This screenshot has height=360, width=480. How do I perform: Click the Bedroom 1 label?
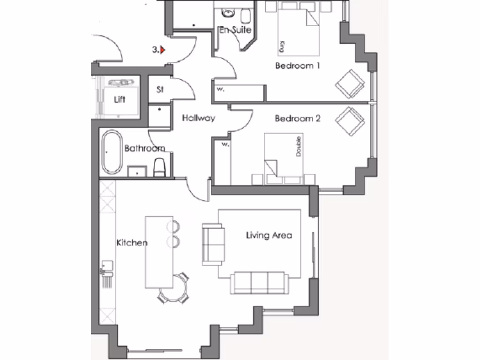297,66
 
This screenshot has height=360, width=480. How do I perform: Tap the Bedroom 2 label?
297,119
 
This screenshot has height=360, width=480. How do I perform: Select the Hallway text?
198,118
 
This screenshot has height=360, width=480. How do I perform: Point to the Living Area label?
269,235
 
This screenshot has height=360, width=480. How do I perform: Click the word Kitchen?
132,242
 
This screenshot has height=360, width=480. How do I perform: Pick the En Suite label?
235,30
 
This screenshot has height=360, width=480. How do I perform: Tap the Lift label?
120,99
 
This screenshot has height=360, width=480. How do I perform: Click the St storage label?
160,90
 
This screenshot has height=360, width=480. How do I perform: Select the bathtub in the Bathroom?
112,152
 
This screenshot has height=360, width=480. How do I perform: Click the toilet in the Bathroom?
159,167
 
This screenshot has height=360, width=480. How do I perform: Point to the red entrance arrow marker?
163,49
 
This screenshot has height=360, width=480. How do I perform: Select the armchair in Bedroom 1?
350,83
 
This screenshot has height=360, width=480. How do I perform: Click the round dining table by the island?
174,288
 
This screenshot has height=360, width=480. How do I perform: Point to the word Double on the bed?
298,147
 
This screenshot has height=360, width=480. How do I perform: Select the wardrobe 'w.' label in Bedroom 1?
220,89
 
